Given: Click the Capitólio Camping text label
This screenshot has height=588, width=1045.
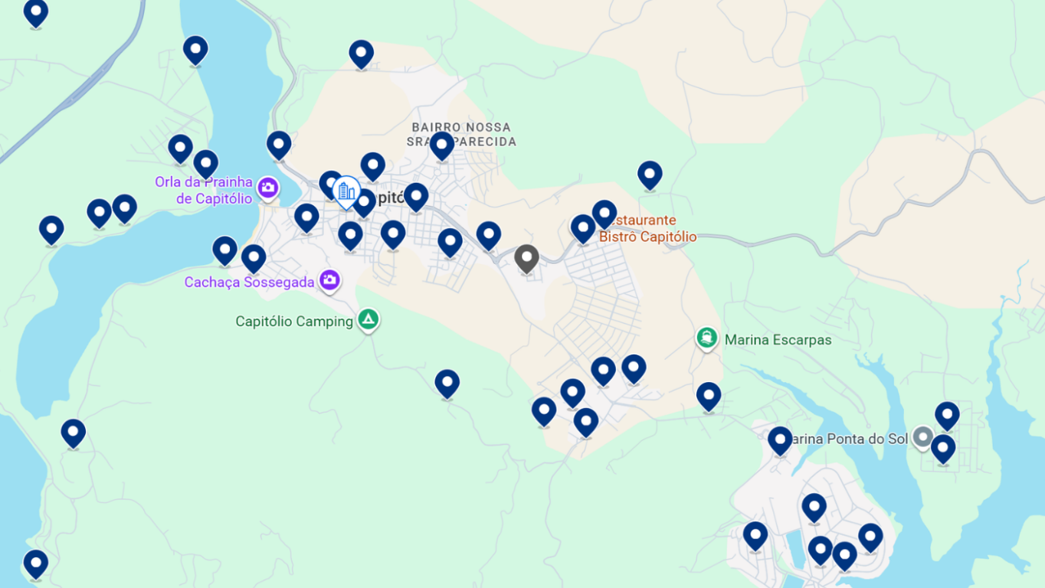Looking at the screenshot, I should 294,322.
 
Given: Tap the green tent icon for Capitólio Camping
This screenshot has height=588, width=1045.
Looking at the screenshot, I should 369,319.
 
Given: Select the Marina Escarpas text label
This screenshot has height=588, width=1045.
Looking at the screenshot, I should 778,340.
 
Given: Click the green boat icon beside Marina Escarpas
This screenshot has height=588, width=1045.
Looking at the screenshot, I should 706,338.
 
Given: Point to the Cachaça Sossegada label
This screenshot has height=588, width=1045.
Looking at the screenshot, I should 249,283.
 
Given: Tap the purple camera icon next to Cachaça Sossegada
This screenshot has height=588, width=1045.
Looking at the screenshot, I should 330,280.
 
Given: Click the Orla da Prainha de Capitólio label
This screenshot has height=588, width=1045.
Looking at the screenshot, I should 204,191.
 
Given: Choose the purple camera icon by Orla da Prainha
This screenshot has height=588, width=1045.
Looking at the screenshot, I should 267,187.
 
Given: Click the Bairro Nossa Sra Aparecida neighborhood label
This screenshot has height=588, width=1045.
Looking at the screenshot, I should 461,135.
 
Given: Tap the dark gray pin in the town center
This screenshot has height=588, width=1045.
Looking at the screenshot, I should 526,258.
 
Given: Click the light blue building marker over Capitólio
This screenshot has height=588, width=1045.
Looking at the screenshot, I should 347,191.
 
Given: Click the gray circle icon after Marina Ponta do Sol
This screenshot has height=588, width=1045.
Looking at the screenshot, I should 923,437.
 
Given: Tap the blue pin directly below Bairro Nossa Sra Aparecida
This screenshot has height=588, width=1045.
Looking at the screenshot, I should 442,145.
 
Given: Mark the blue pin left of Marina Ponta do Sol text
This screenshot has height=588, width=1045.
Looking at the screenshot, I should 780,440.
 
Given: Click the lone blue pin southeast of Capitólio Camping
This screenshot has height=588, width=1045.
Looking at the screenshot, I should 447,383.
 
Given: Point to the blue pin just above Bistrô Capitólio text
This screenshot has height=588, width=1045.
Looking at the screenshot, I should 604,214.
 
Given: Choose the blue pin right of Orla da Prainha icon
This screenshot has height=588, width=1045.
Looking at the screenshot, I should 279,145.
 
